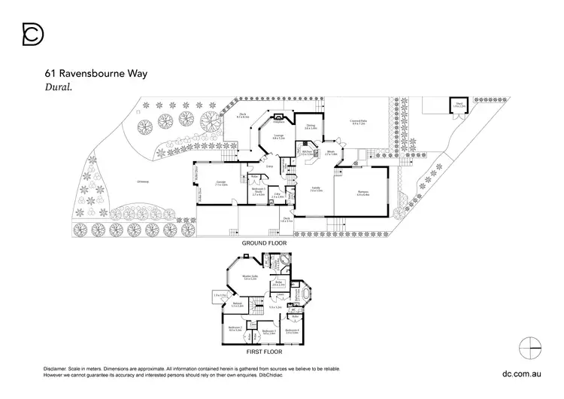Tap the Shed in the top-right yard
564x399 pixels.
tap(457, 106)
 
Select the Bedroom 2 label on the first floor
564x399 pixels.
tap(235, 329)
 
